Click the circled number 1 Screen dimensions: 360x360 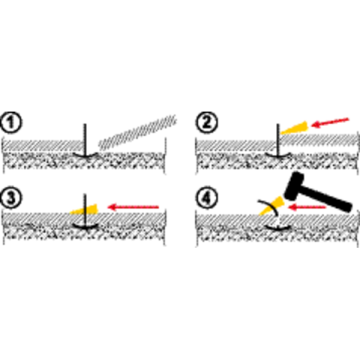11,122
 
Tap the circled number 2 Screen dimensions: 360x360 206,122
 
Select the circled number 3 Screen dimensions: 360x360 11,197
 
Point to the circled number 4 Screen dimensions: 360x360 206,198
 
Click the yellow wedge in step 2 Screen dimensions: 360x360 295,128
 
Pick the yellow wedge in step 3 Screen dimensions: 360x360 85,209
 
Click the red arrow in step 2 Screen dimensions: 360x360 330,122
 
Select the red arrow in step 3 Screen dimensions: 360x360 133,207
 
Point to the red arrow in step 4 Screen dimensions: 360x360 307,208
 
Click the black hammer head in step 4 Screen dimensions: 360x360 294,186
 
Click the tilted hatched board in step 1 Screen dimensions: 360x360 138,132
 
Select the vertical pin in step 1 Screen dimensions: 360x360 85,140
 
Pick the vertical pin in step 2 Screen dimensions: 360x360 278,140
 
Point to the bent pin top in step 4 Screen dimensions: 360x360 269,206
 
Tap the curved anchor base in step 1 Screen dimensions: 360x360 85,155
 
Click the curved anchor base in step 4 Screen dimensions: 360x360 278,228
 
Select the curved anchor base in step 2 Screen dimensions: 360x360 278,155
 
